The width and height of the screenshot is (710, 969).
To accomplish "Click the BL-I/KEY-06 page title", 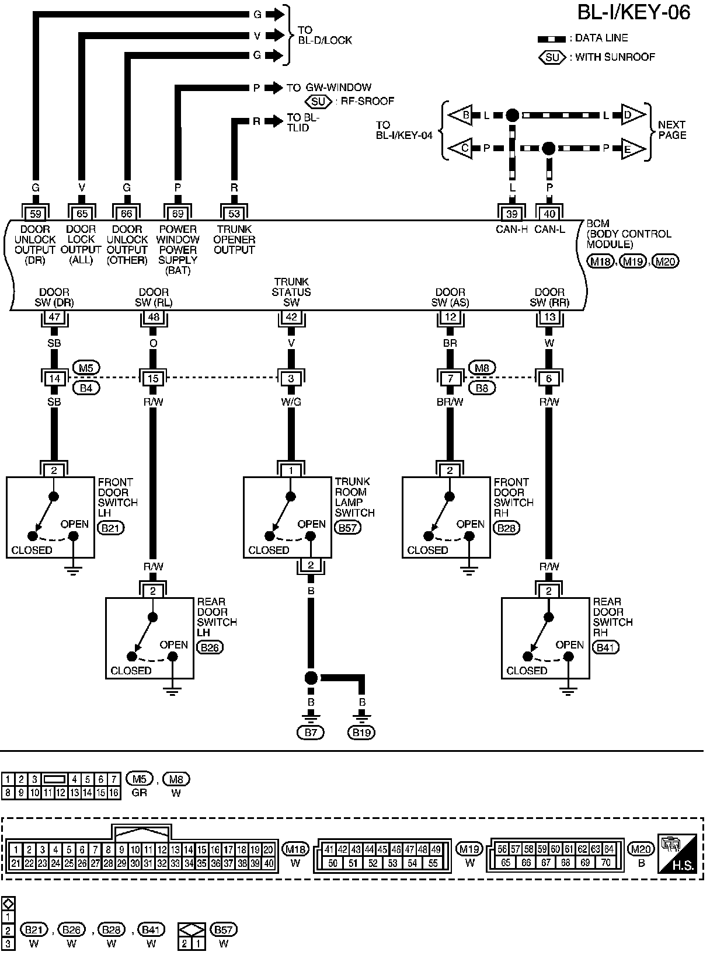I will (x=634, y=12).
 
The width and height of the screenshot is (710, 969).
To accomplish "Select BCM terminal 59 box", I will (x=36, y=214).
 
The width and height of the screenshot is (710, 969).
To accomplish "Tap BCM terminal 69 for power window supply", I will (x=178, y=214).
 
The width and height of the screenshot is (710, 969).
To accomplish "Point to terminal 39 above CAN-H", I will (x=512, y=214).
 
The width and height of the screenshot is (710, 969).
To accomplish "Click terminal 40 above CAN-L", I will (x=549, y=214).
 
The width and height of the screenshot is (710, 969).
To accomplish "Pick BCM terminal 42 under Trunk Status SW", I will (x=291, y=318).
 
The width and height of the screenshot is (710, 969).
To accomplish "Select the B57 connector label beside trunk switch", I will (x=348, y=527).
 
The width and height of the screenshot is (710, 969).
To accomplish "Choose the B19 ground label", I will (x=361, y=733).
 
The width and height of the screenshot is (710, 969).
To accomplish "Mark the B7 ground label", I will (x=311, y=733).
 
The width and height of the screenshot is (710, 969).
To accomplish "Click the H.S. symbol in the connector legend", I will (x=677, y=853).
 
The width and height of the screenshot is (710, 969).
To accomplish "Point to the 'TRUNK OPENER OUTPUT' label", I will (x=234, y=239).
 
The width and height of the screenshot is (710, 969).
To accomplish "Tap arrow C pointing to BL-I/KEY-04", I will (x=464, y=148).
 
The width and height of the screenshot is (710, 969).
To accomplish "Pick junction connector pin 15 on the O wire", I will (x=153, y=378).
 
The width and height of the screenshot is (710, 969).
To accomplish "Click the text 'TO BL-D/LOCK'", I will (x=325, y=35).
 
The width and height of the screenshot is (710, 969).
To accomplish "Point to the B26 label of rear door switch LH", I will (x=210, y=647).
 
